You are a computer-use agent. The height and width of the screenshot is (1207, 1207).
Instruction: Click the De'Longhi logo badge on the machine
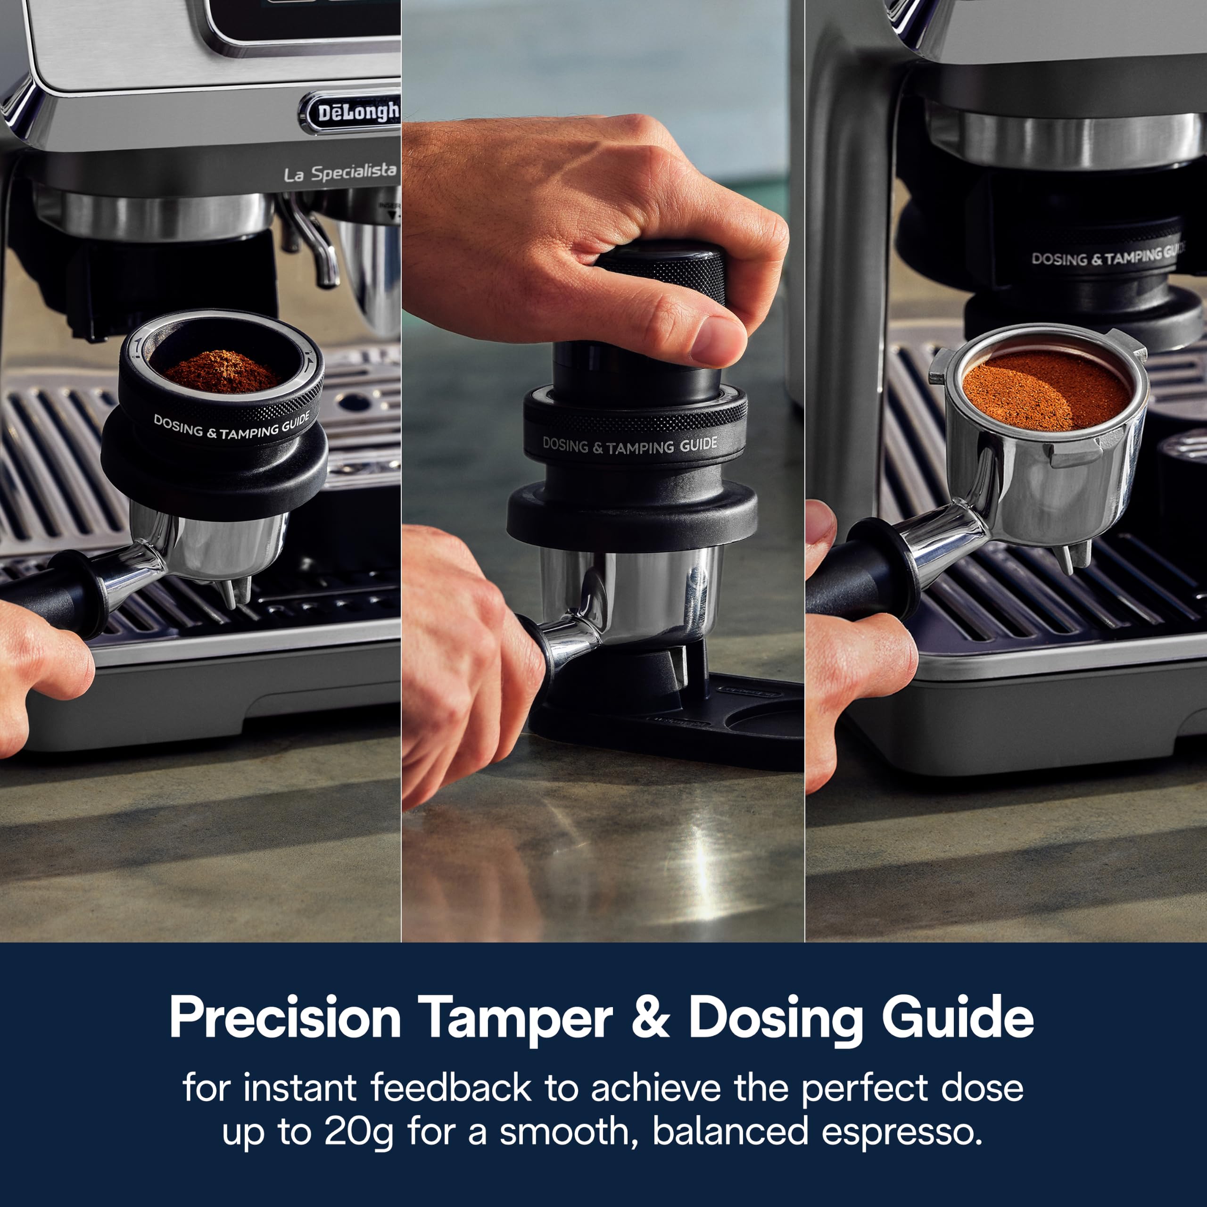350,113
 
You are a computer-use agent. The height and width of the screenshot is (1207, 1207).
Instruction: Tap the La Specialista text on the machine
340,173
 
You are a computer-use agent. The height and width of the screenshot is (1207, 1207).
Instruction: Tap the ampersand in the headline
650,1018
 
